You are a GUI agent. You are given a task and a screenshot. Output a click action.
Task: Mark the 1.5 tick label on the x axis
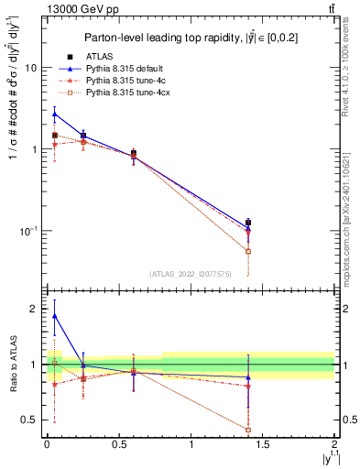point(263,443)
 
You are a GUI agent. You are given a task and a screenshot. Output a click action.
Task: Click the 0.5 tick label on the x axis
point(118,443)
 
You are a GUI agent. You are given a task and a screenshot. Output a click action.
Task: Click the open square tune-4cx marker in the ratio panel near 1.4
point(248,429)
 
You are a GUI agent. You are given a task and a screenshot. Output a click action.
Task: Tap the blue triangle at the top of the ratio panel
point(55,315)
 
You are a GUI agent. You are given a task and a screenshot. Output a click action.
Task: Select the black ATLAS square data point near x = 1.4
point(248,223)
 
